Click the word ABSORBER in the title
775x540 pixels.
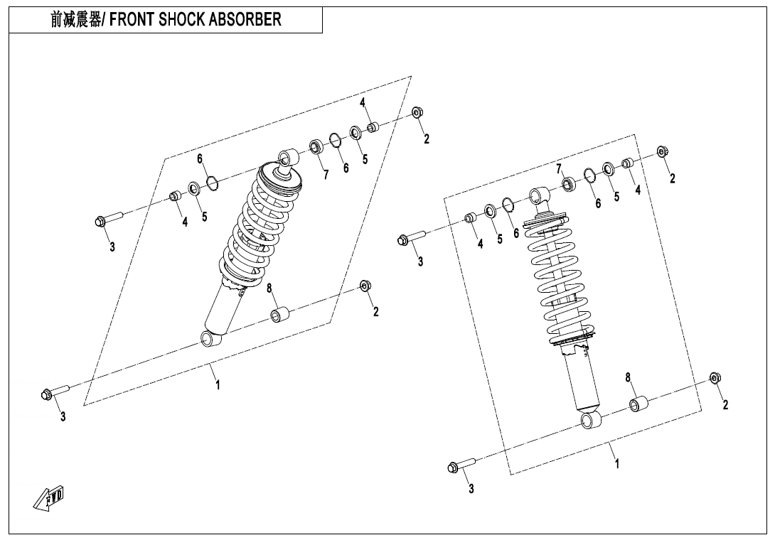(245, 20)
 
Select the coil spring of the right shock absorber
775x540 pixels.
(562, 284)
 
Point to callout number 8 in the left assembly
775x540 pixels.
(270, 288)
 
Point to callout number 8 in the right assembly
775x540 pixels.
(628, 377)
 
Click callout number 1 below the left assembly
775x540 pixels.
(218, 384)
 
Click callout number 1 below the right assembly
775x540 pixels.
(617, 463)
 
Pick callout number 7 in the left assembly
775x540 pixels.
(326, 175)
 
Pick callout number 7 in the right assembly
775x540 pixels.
(560, 168)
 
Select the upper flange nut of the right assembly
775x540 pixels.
(662, 151)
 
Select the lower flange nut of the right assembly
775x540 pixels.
(715, 377)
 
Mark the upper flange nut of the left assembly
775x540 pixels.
(418, 112)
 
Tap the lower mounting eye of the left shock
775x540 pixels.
(211, 339)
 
